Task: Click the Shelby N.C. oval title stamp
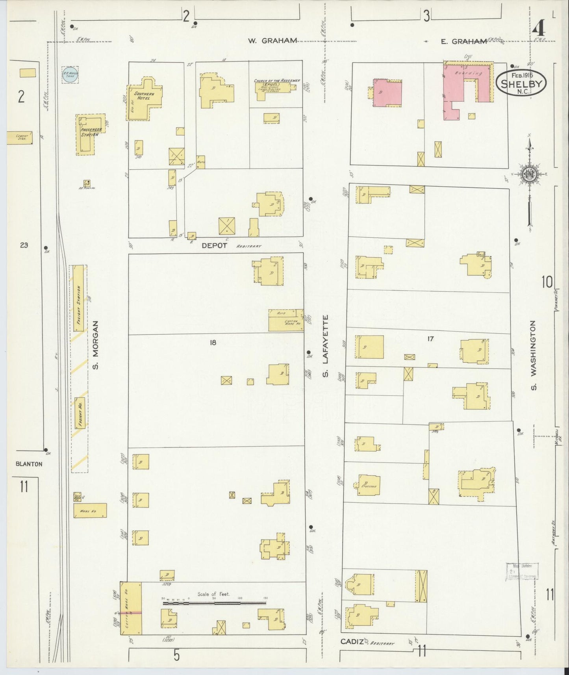tap(521, 83)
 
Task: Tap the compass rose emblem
tap(530, 175)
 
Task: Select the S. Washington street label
tap(534, 355)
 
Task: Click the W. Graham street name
tap(272, 41)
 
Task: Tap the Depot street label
tap(214, 245)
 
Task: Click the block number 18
tap(213, 342)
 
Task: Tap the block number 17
tap(430, 338)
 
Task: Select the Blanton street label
tap(29, 464)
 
